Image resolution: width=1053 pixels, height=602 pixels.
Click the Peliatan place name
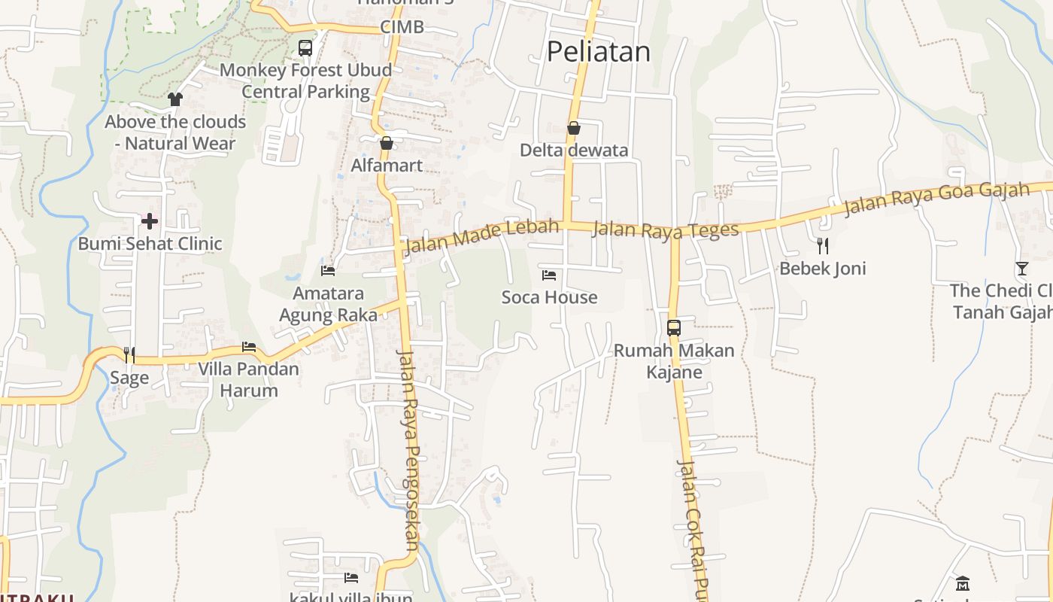(x=598, y=52)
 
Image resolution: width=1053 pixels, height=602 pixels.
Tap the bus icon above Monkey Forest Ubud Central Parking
(x=305, y=48)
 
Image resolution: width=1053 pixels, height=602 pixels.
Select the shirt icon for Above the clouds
(x=175, y=99)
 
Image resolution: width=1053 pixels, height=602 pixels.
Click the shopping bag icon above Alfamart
(x=387, y=143)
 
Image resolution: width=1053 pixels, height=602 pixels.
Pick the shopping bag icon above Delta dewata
(x=574, y=128)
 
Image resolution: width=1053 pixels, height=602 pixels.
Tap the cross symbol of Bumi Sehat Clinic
(x=150, y=221)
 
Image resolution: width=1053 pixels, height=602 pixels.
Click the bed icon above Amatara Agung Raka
(x=328, y=270)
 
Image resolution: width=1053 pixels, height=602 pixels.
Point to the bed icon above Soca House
(x=549, y=275)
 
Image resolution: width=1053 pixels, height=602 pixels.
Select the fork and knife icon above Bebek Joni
(x=823, y=245)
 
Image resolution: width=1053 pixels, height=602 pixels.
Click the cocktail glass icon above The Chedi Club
(x=1021, y=268)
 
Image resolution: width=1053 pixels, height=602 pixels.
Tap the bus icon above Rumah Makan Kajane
(x=674, y=328)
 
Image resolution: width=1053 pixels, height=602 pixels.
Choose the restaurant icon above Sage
(x=129, y=354)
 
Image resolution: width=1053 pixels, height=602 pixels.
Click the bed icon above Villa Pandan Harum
(x=249, y=347)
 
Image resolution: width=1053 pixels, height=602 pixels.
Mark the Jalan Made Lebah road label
(x=482, y=236)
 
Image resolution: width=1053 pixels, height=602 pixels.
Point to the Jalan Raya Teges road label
(x=665, y=230)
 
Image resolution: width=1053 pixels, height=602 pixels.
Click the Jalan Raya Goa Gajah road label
(x=936, y=197)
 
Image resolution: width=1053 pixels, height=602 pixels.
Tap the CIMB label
(x=402, y=27)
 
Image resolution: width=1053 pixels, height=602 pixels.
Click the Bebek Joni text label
(x=823, y=269)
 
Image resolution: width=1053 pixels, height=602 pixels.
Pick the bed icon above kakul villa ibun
(x=351, y=578)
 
